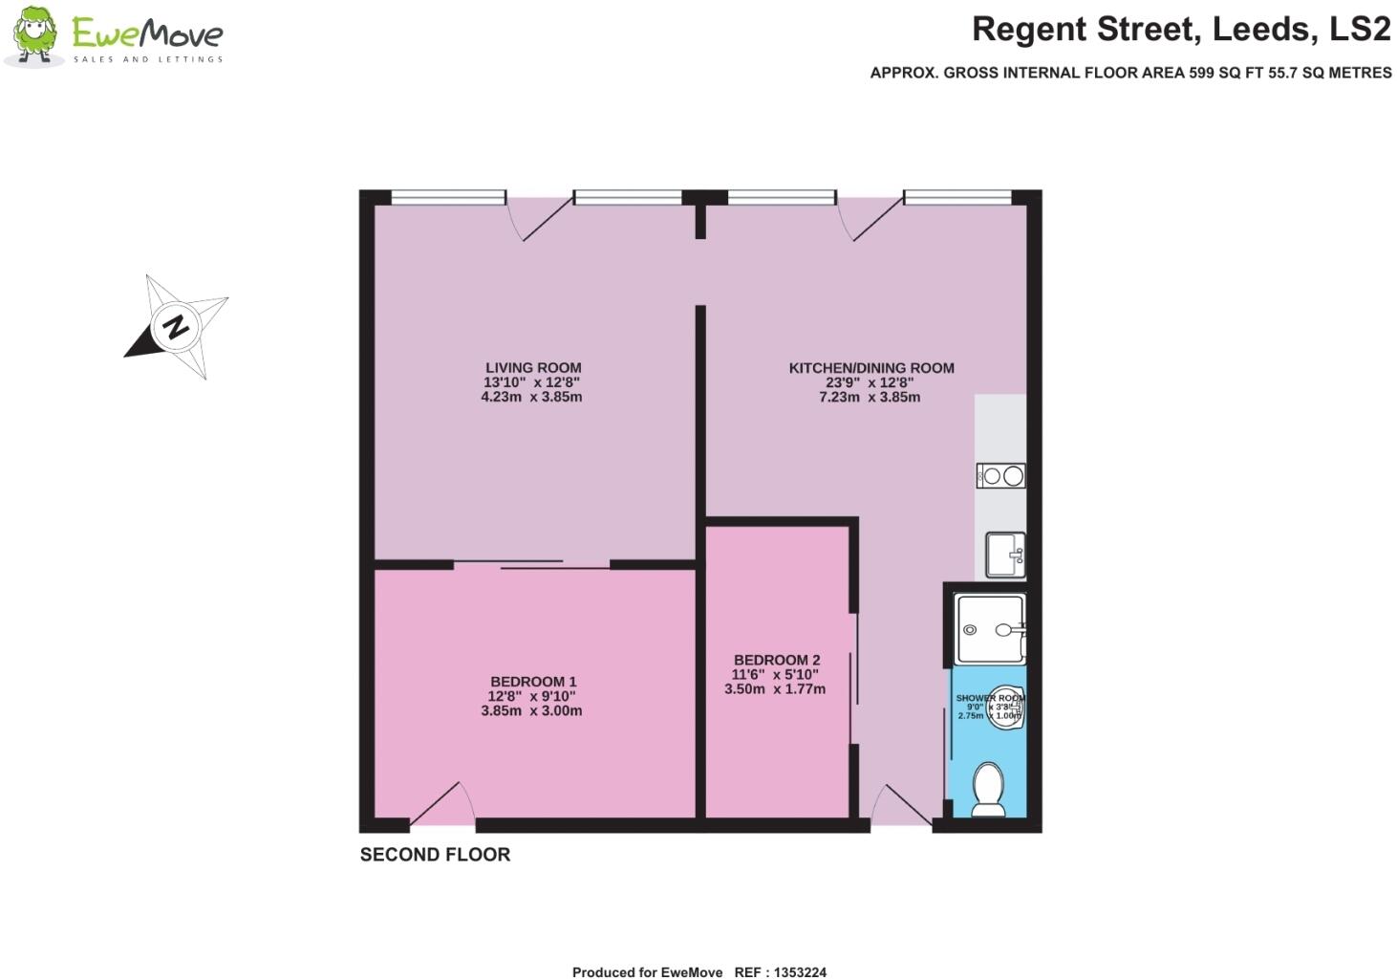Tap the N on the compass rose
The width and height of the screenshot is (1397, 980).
pyautogui.click(x=176, y=326)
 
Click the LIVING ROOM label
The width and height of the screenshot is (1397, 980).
pyautogui.click(x=533, y=367)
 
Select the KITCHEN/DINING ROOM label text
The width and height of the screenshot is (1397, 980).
pyautogui.click(x=870, y=367)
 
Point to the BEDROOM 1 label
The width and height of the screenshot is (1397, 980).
pyautogui.click(x=533, y=682)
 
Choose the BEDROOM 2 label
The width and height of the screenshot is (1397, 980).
pyautogui.click(x=776, y=660)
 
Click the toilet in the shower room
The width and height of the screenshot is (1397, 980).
pyautogui.click(x=987, y=792)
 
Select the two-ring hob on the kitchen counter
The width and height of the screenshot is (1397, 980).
pyautogui.click(x=1000, y=475)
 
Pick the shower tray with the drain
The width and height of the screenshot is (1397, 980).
pyautogui.click(x=989, y=629)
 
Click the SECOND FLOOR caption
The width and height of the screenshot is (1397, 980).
pyautogui.click(x=435, y=855)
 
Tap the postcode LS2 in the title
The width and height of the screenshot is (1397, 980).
pyautogui.click(x=1361, y=30)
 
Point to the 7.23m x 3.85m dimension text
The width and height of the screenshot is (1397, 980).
pyautogui.click(x=869, y=397)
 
